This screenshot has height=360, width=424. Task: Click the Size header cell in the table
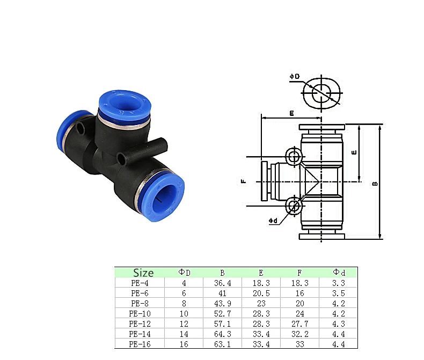pos(143,273)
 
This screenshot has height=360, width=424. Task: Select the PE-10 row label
pos(140,314)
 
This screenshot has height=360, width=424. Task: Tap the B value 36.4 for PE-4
pos(223,283)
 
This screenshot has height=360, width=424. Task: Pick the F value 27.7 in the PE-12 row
pos(300,324)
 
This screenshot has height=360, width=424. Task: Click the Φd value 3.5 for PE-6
pos(339,293)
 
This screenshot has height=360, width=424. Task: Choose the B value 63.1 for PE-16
pos(223,344)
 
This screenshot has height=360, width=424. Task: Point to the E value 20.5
pos(261,293)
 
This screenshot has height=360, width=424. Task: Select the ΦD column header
pos(185,273)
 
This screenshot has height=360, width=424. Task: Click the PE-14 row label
pos(140,334)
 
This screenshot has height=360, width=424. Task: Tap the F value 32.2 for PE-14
pos(300,334)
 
